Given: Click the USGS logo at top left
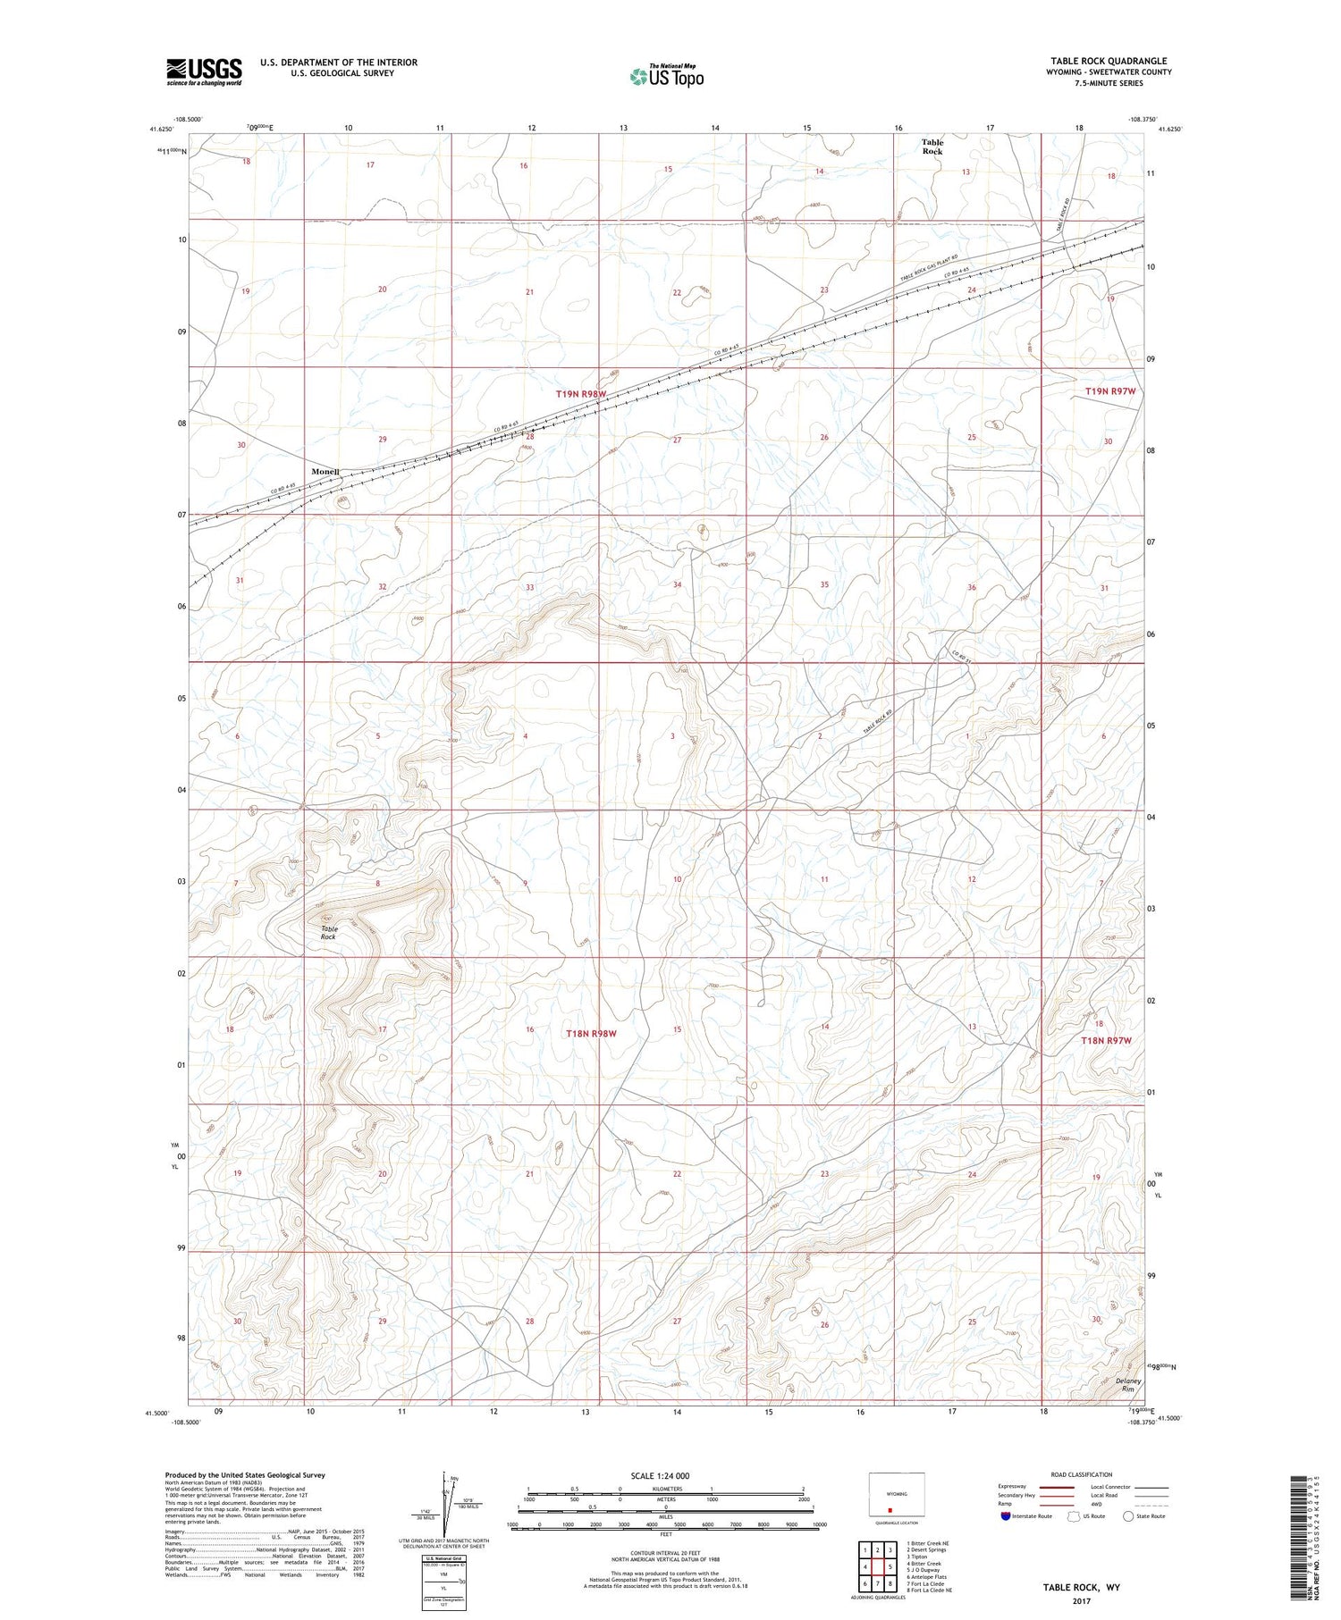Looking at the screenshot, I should click(x=204, y=71).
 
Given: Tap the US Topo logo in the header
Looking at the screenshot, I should click(x=666, y=77).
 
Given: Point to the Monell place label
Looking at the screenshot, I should click(x=325, y=472).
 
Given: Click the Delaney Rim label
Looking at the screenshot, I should click(x=1128, y=1385).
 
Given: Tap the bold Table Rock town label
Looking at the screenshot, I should click(x=932, y=147).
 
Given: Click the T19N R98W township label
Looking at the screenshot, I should click(x=580, y=394).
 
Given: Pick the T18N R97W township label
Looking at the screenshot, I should click(x=1106, y=1041).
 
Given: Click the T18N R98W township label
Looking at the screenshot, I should click(x=591, y=1034).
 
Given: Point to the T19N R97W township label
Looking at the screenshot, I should click(x=1109, y=391).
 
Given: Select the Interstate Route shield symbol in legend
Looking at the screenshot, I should click(x=1005, y=1516).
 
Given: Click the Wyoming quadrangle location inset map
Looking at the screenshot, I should click(x=897, y=1496).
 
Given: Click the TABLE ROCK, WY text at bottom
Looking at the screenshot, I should click(x=1081, y=1587).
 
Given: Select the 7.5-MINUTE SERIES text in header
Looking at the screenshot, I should click(x=1109, y=83).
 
